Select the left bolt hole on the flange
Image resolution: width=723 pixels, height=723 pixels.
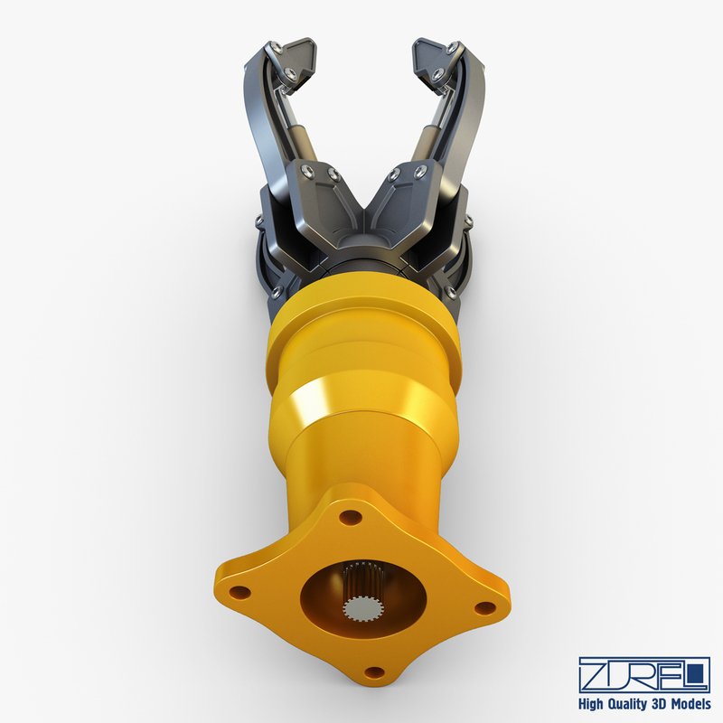point(239,592)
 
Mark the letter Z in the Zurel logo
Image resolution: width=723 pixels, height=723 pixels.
point(593,673)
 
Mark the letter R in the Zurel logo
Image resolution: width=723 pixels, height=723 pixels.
point(643,673)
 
